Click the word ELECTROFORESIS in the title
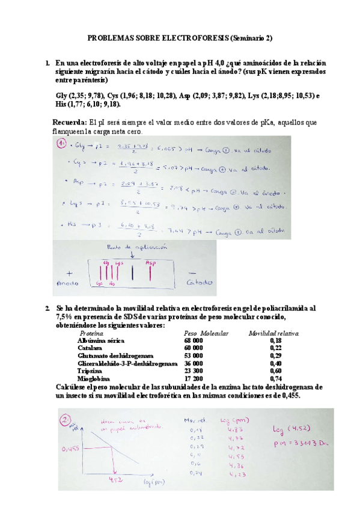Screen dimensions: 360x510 point(194,37)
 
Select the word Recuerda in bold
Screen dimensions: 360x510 point(70,123)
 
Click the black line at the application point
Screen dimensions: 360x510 point(132,274)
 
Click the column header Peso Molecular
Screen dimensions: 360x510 point(201,333)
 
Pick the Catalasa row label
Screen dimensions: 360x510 point(93,348)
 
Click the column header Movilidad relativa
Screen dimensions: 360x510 point(274,333)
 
